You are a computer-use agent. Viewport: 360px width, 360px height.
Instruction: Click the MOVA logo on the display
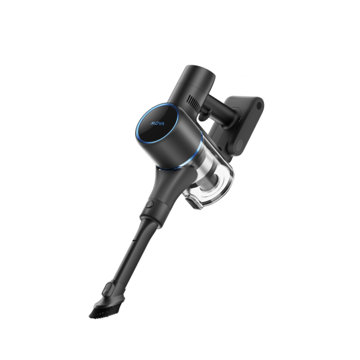[157, 124]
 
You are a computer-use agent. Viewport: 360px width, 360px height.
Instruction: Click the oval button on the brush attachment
[107, 289]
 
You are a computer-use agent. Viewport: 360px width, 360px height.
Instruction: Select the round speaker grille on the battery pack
[259, 106]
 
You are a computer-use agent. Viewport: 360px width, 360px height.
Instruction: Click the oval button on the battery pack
[239, 145]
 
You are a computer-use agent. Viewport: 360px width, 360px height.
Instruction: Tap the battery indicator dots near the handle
[239, 121]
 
